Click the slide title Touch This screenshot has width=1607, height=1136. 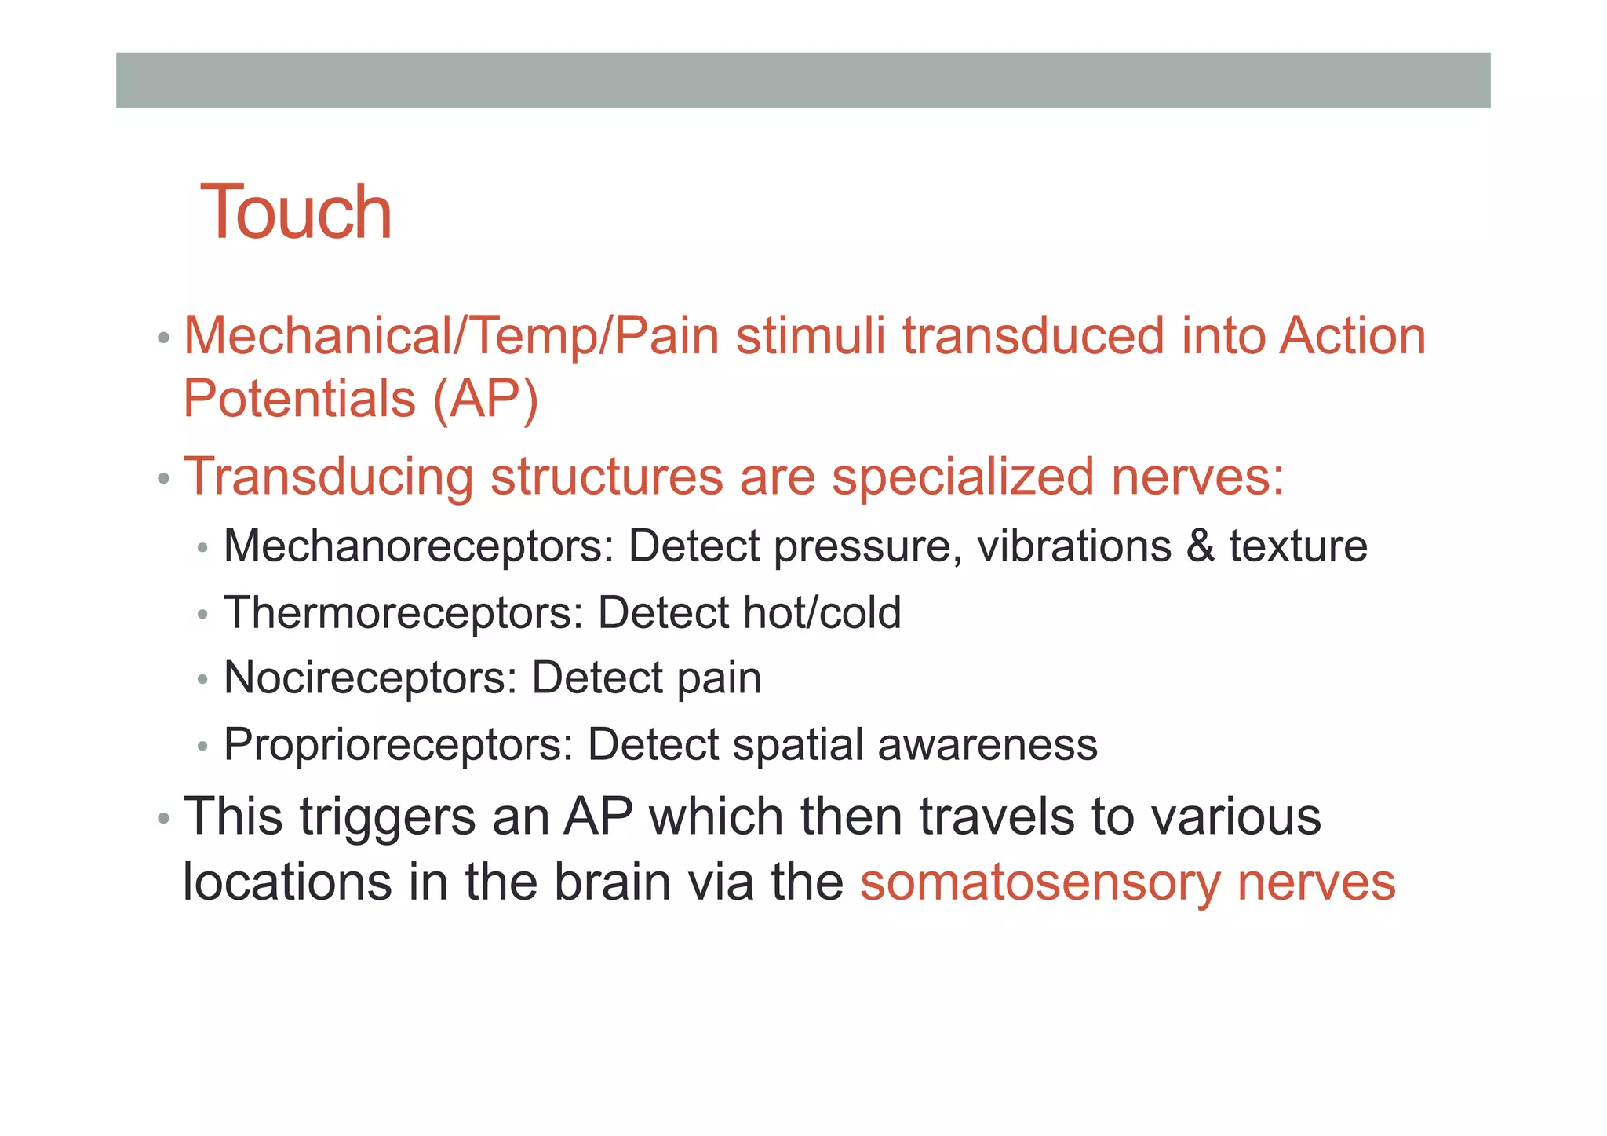pyautogui.click(x=296, y=212)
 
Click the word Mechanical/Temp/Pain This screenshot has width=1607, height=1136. pyautogui.click(x=451, y=336)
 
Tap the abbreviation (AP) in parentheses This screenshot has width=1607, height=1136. pyautogui.click(x=485, y=399)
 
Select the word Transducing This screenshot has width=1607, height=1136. pyautogui.click(x=328, y=477)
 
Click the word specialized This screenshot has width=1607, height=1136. pyautogui.click(x=963, y=476)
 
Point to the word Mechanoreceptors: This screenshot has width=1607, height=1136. pyautogui.click(x=418, y=546)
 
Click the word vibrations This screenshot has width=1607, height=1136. pyautogui.click(x=1074, y=546)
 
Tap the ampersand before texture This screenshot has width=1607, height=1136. pyautogui.click(x=1200, y=546)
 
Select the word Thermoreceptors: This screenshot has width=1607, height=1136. pyautogui.click(x=403, y=612)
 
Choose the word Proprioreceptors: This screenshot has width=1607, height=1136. pyautogui.click(x=399, y=744)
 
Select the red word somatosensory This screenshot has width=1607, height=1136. pyautogui.click(x=1040, y=883)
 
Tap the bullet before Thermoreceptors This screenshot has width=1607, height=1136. pyautogui.click(x=202, y=614)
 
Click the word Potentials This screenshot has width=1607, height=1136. pyautogui.click(x=299, y=399)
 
